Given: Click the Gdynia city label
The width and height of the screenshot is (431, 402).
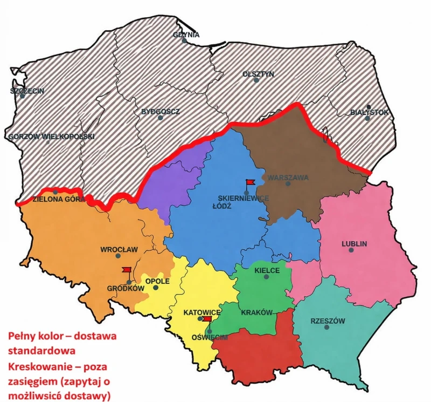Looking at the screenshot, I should pyautogui.click(x=186, y=35).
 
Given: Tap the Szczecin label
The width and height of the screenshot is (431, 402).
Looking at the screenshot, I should pyautogui.click(x=27, y=91).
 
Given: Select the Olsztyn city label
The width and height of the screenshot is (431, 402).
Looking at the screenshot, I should pyautogui.click(x=258, y=74).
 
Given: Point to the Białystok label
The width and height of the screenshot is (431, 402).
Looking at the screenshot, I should pyautogui.click(x=369, y=112).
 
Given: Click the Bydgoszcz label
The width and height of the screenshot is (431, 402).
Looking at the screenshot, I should pyautogui.click(x=161, y=112).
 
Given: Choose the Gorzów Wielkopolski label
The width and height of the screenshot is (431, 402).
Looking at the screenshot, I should pyautogui.click(x=52, y=137).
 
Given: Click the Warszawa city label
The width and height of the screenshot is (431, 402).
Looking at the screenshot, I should pyautogui.click(x=288, y=177).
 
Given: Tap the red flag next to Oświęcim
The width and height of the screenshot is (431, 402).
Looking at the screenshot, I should pyautogui.click(x=207, y=319).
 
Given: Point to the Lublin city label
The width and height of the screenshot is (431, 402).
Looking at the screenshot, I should pyautogui.click(x=354, y=244).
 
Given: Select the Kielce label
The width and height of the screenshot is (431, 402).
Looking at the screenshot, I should pyautogui.click(x=267, y=270).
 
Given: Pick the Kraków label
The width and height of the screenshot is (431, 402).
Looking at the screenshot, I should pyautogui.click(x=258, y=312).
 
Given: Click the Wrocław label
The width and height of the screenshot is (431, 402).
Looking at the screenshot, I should pyautogui.click(x=120, y=250).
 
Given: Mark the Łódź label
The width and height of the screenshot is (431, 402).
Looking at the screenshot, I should pyautogui.click(x=221, y=206).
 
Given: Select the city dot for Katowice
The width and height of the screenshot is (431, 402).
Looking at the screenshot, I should pyautogui.click(x=200, y=319).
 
